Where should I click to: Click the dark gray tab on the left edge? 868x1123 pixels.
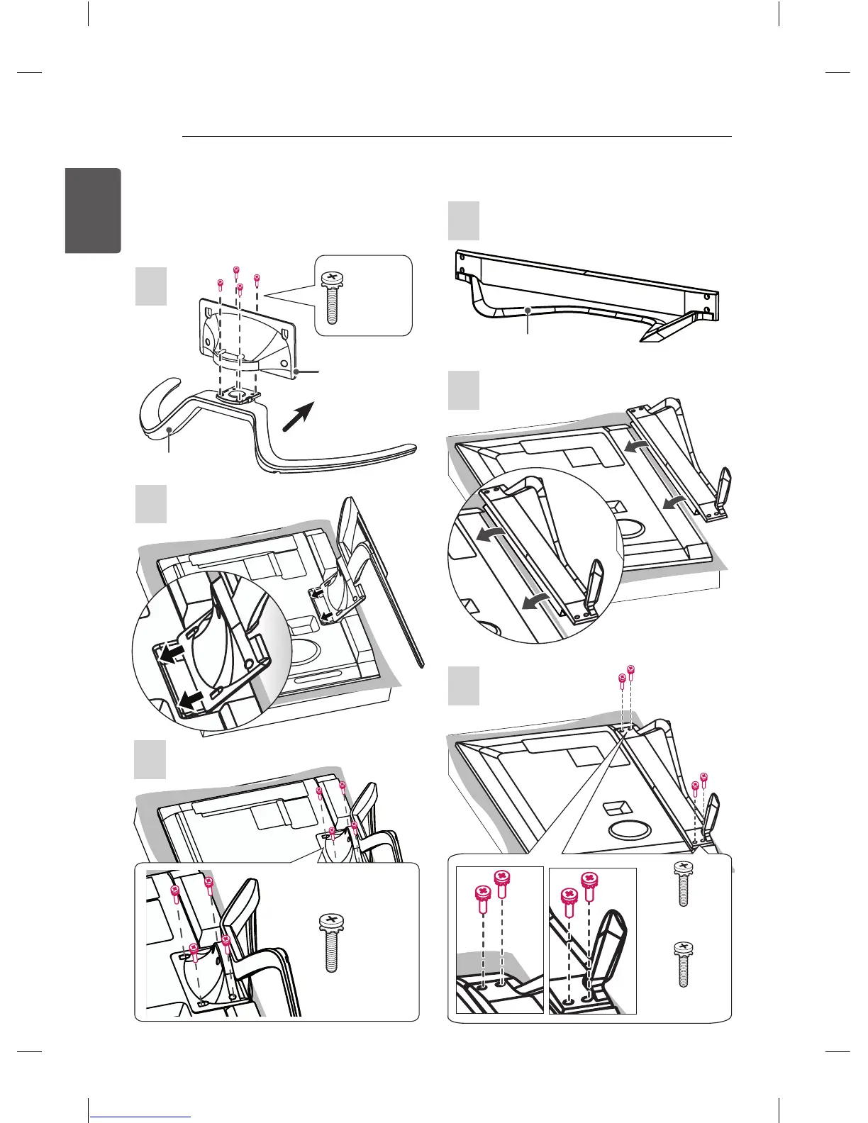point(93,211)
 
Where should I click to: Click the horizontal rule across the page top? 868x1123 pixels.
point(457,137)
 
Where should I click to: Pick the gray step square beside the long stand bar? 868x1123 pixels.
point(464,221)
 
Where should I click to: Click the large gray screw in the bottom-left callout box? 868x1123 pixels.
point(331,942)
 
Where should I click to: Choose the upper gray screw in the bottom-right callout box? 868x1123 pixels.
point(683,883)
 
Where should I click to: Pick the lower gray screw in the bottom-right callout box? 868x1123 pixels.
point(683,964)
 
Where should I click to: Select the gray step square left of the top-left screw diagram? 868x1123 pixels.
point(151,286)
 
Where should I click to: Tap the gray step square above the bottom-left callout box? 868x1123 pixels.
point(150,759)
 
